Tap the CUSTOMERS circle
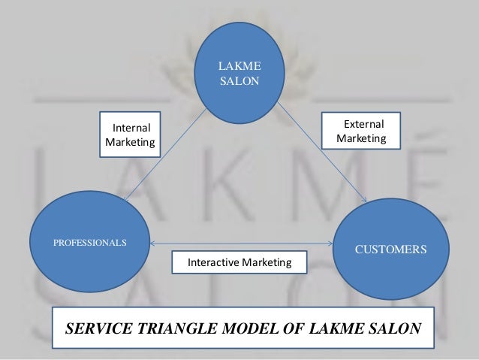point(390,248)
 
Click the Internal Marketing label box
point(131,135)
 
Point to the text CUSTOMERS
point(390,248)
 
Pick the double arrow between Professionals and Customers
point(240,244)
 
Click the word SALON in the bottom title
point(392,328)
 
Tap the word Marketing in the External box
point(362,139)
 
